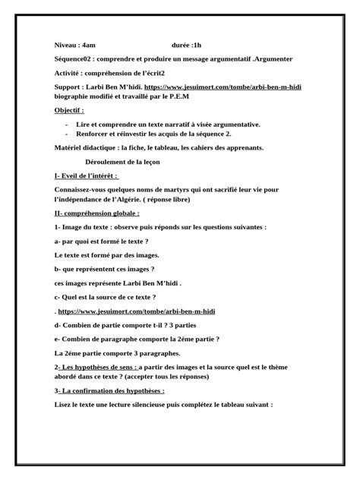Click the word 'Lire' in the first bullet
[x=84, y=124]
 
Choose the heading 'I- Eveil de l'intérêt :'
[x=87, y=176]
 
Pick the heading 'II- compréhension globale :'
[x=96, y=213]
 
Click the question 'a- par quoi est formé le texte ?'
[x=102, y=242]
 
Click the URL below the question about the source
[x=118, y=311]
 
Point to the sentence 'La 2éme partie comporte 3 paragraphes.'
[x=117, y=354]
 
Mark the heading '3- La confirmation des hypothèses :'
[x=109, y=391]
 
